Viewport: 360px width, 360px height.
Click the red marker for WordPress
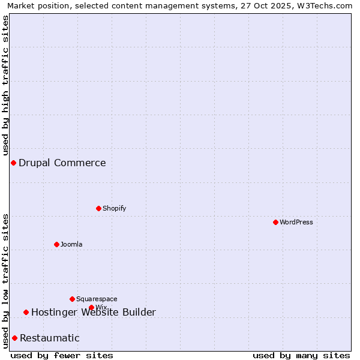pos(275,222)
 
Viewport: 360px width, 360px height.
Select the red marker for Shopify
pos(98,208)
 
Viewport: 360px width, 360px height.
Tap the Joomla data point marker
pos(56,244)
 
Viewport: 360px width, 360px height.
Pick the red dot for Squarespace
pos(72,299)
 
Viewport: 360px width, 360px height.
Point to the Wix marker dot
pos(91,307)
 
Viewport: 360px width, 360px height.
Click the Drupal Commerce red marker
pos(13,163)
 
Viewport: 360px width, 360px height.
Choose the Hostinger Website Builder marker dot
pos(26,312)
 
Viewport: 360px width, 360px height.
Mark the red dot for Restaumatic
pos(14,338)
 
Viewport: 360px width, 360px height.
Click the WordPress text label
pos(296,222)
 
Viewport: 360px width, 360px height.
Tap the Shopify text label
pos(114,208)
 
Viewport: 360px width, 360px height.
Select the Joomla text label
pos(71,244)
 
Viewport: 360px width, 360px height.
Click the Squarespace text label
pos(97,299)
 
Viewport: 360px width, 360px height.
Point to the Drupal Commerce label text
pos(62,163)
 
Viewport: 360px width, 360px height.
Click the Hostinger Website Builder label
pos(94,312)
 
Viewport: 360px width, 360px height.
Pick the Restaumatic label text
pos(50,338)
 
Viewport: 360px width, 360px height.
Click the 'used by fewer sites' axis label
pos(62,355)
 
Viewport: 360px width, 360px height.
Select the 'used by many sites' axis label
pos(301,355)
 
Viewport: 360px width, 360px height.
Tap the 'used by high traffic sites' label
pos(6,85)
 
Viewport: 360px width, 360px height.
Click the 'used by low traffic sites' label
pos(6,281)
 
